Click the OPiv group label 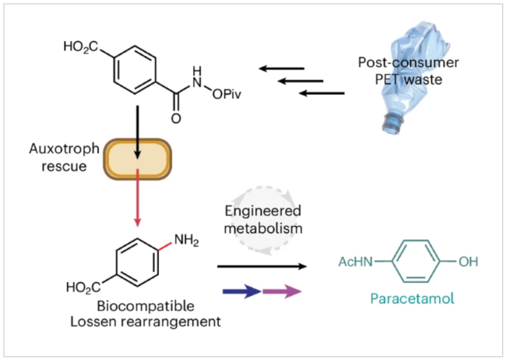[x=226, y=95]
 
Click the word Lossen [x=115, y=322]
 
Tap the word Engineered [x=263, y=212]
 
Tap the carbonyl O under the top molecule [x=175, y=119]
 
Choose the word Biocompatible [x=146, y=307]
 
